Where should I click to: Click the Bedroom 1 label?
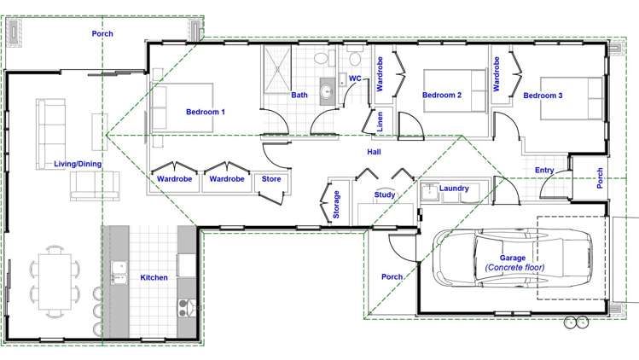206,112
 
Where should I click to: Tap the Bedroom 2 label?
442,96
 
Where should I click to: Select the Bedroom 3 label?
543,96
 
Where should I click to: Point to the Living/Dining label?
78,164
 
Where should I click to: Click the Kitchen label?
154,277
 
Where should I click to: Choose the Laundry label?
454,188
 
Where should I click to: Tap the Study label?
384,195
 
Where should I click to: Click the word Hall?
374,153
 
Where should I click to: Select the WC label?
356,78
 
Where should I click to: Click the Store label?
271,179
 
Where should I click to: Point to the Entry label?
544,171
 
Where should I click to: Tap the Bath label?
299,96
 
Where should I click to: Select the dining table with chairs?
55,281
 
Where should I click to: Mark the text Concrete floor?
514,268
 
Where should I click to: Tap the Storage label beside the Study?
336,206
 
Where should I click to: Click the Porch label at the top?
102,34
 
